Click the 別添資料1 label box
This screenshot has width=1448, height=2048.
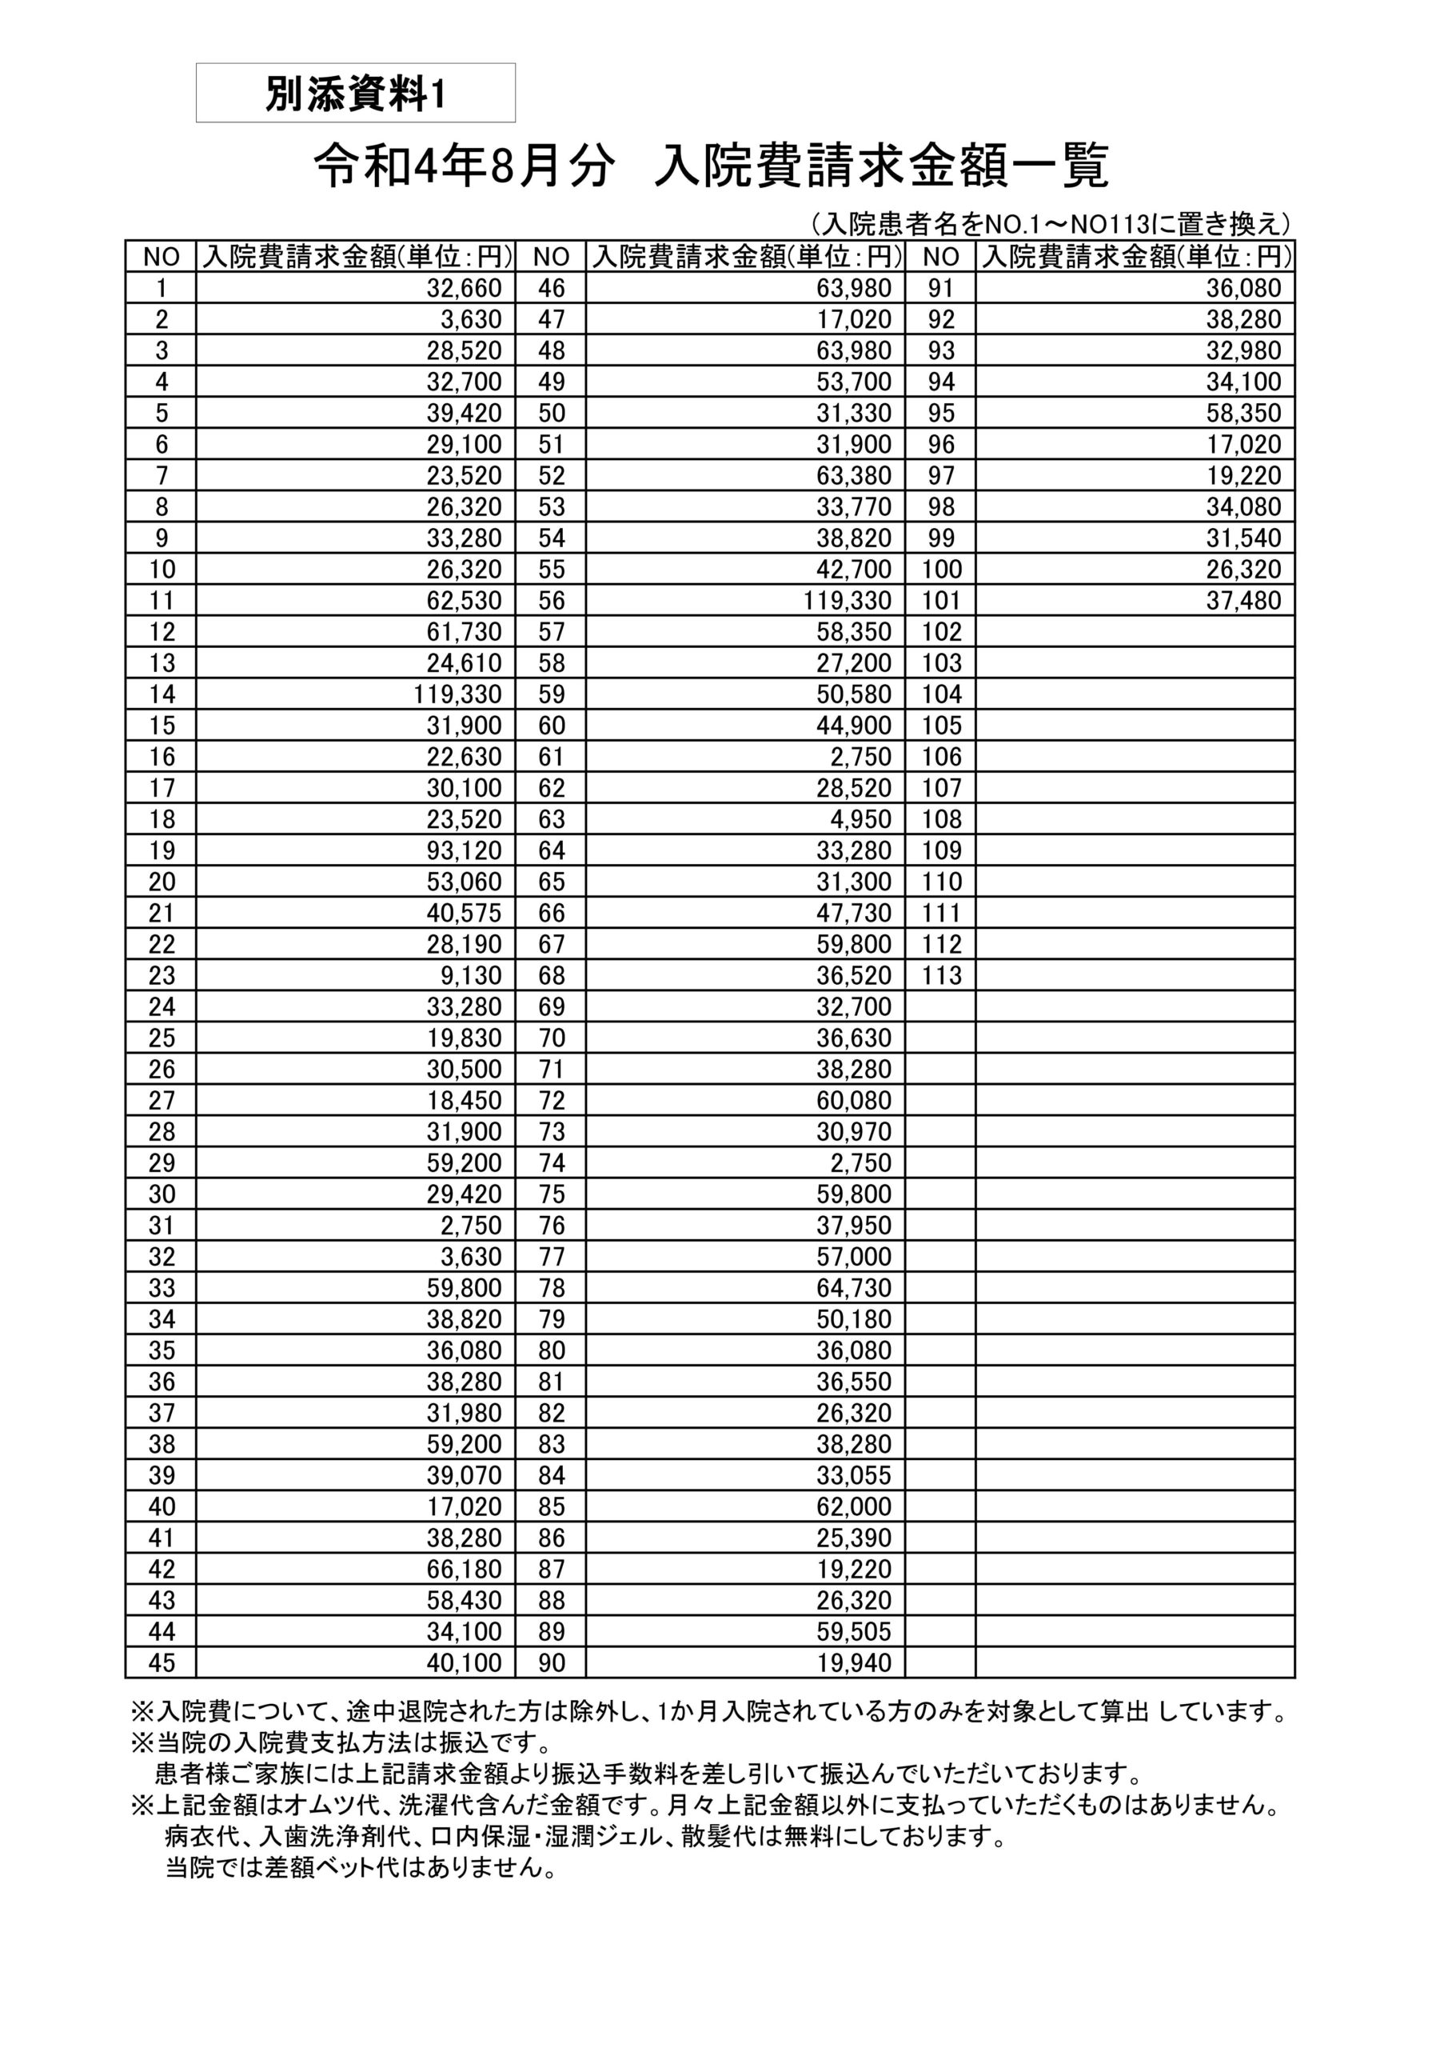355,93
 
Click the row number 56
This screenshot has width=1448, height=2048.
551,600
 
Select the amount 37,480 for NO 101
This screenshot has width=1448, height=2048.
1243,600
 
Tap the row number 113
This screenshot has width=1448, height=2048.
942,975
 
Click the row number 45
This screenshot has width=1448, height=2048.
162,1662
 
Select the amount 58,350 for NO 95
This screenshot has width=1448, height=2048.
1243,413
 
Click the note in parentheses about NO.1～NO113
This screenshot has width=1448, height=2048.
1050,223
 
